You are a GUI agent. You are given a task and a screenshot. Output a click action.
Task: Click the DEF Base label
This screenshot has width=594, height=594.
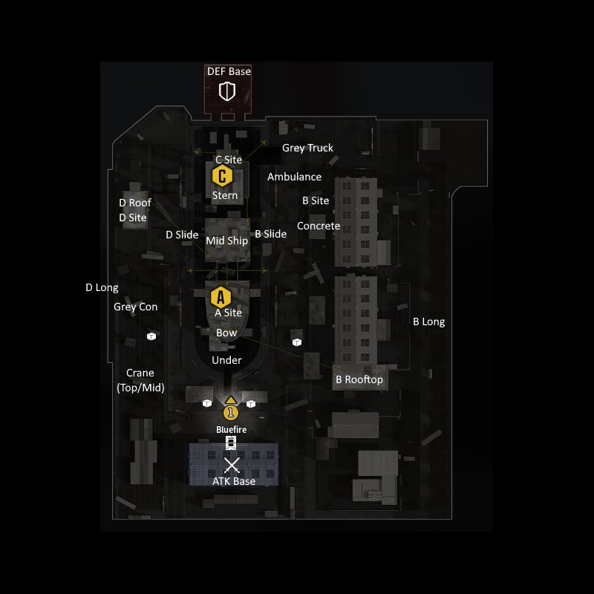coord(229,71)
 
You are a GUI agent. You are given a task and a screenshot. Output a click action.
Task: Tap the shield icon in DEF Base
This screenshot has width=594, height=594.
coord(227,91)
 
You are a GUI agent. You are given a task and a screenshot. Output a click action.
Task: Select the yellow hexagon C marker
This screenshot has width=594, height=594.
coord(222,176)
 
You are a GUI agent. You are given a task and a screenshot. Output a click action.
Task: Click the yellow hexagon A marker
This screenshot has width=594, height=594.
coord(220,298)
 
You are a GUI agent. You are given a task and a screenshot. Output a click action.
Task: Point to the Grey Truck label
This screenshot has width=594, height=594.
coord(307,148)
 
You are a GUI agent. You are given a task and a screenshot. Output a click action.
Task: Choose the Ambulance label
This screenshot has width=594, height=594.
coord(294,177)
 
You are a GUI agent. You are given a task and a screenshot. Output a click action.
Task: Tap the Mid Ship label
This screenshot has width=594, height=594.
coord(226,241)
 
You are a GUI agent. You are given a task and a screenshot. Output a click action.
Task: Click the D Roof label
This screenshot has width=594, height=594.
coord(135,203)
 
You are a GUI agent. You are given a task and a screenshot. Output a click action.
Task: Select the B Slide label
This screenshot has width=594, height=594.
coord(270,234)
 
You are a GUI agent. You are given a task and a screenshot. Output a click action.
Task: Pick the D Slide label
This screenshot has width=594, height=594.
coord(182,235)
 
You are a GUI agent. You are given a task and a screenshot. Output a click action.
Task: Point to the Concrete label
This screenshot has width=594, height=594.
coord(319,226)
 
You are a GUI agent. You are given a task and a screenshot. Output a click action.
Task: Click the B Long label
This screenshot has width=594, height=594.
coord(428,322)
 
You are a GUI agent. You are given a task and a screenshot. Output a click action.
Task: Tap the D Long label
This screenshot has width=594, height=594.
coord(102,288)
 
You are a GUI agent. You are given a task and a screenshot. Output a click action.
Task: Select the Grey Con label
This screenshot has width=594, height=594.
coord(135,307)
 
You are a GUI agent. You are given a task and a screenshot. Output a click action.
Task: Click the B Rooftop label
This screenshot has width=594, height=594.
coord(359,379)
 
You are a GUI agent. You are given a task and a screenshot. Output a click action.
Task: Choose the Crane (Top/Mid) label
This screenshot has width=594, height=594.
coord(140,380)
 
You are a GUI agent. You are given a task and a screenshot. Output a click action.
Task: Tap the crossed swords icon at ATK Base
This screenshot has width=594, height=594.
coord(232,466)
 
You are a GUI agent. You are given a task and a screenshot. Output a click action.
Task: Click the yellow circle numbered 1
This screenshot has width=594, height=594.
coord(231,412)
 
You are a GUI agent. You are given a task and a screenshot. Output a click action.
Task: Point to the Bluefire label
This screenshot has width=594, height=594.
coord(231,429)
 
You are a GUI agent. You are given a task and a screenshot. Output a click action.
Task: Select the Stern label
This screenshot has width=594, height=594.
coord(225,195)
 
